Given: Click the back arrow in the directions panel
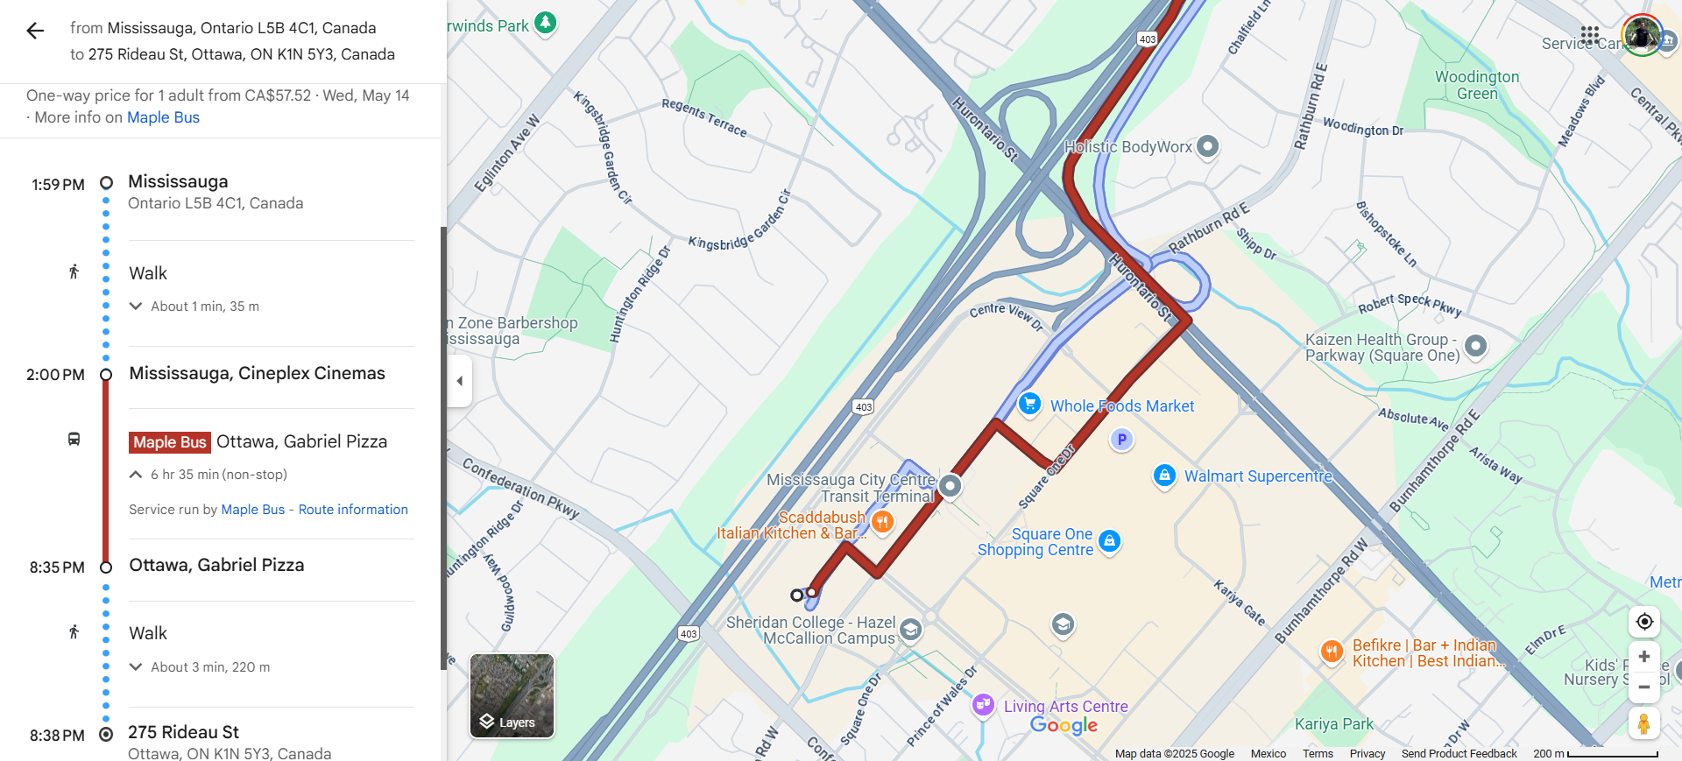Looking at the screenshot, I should (x=35, y=32).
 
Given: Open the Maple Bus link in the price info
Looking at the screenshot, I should (x=163, y=117).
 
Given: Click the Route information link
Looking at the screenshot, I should (x=353, y=510).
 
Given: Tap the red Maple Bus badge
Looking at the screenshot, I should (x=169, y=442).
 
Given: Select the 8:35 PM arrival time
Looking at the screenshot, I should (x=57, y=567).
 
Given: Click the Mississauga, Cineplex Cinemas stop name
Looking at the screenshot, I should (x=257, y=373).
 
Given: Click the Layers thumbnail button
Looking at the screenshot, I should (x=512, y=696).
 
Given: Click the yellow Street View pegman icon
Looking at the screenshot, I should (x=1643, y=724).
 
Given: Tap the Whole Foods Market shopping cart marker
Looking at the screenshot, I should (x=1029, y=404).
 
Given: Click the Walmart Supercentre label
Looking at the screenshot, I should (x=1257, y=476).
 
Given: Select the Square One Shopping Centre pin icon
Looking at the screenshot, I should (x=1109, y=541).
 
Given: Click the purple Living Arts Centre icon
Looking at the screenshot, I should (x=983, y=704).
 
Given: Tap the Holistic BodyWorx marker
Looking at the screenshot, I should (x=1207, y=146).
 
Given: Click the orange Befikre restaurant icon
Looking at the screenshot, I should (x=1332, y=651).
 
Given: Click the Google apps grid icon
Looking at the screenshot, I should (x=1589, y=35).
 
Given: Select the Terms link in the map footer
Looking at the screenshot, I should (x=1317, y=754).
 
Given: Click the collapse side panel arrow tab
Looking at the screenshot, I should (x=460, y=381).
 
